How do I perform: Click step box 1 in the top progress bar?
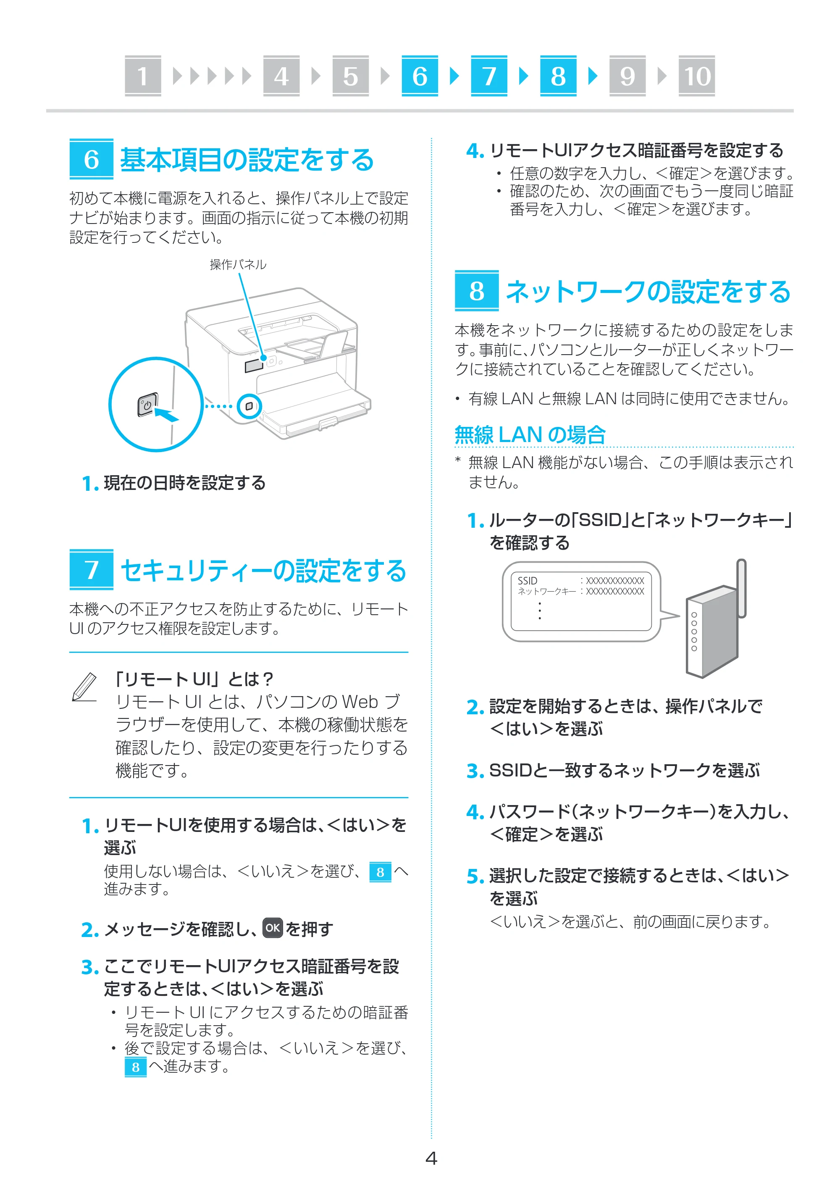[x=143, y=76]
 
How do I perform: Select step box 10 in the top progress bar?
[x=696, y=76]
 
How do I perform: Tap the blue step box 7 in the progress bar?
[x=489, y=76]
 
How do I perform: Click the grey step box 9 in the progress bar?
[x=627, y=76]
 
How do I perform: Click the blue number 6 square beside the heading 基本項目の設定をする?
[x=92, y=159]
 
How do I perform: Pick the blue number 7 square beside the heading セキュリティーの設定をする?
[x=92, y=569]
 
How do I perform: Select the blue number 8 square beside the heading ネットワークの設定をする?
[x=477, y=290]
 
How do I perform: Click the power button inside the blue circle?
[x=147, y=405]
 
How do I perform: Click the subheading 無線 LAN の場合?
[x=530, y=434]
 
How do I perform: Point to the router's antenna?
[x=741, y=588]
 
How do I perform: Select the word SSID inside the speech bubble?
[x=527, y=581]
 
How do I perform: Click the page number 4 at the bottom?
[x=431, y=1158]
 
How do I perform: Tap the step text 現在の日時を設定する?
[x=185, y=483]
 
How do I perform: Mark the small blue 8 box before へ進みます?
[x=136, y=1067]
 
